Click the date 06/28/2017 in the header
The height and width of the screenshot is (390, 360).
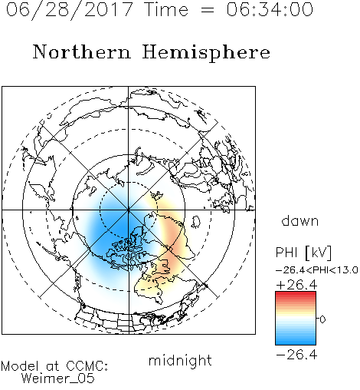69,9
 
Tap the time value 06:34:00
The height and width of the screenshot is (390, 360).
270,9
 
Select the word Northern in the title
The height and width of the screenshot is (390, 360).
82,51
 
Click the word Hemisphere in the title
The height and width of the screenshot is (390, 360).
206,52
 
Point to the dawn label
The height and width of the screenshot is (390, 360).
300,220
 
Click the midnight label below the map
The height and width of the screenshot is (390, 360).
180,361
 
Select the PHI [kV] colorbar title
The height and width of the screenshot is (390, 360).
303,253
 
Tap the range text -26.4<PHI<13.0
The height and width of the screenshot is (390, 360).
317,270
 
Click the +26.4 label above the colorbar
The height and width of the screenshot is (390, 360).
296,285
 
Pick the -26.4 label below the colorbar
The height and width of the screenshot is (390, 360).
296,355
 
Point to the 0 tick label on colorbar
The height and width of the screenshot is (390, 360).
322,319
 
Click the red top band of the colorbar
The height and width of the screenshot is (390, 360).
296,294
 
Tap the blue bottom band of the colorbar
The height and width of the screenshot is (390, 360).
296,342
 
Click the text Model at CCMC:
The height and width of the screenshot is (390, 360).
54,366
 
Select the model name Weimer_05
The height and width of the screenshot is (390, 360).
58,378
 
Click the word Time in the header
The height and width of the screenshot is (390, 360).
166,9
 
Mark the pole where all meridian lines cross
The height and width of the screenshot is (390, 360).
129,210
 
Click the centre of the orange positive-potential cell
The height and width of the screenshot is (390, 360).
174,246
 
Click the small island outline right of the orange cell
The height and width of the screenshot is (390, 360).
196,222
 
